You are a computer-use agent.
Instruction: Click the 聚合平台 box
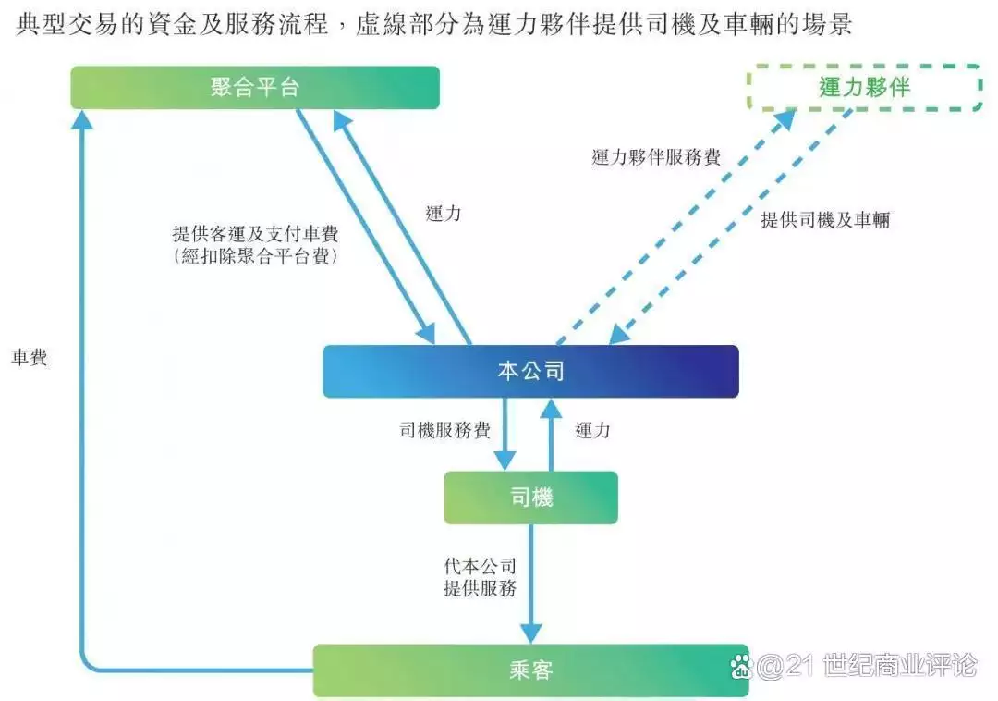(x=255, y=88)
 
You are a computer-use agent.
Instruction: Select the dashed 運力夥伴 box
(x=864, y=88)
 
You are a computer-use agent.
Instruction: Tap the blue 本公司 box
(x=530, y=372)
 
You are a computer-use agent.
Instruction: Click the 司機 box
(x=530, y=498)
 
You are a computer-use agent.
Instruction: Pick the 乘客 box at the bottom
(x=530, y=670)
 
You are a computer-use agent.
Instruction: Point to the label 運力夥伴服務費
(x=656, y=157)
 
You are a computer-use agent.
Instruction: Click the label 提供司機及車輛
(x=825, y=220)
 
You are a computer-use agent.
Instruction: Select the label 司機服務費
(x=444, y=430)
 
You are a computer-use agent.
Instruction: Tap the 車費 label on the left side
(x=30, y=358)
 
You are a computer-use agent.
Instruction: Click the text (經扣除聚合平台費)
(x=256, y=257)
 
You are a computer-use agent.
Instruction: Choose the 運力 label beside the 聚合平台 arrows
(x=444, y=214)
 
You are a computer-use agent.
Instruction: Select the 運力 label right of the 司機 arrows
(x=592, y=430)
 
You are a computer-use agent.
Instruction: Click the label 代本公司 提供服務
(x=480, y=576)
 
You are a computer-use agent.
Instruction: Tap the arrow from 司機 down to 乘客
(x=530, y=583)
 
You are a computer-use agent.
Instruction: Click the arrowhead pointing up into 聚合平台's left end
(x=83, y=119)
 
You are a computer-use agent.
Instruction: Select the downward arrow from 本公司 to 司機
(x=505, y=435)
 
